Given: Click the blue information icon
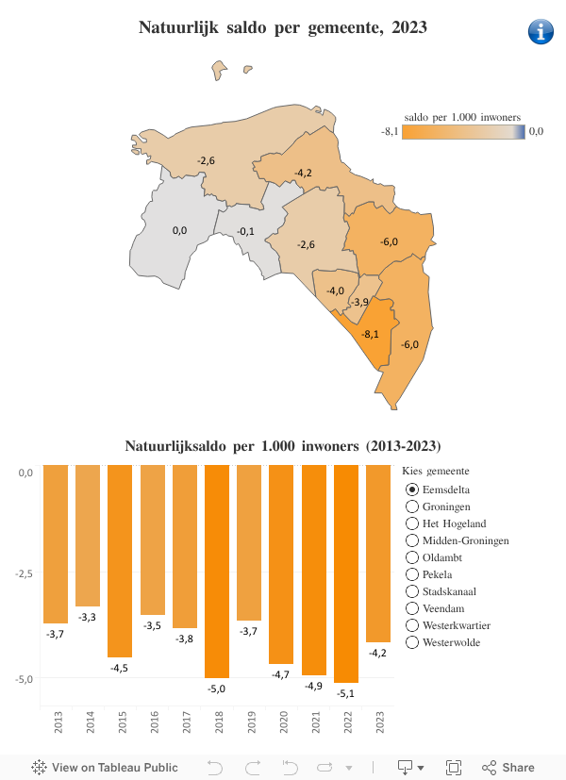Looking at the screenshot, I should (541, 31).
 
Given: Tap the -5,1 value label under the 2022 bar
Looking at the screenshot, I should (346, 694).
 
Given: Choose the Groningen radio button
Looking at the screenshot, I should (412, 506).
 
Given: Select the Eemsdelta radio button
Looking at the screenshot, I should (412, 490).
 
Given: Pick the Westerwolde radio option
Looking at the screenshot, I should (412, 642).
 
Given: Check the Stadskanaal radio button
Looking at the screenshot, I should (412, 591).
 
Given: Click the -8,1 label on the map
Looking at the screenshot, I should (370, 334).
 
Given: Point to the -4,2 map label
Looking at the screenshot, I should (303, 173).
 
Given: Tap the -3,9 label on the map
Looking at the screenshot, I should (359, 302).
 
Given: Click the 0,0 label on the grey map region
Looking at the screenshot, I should (179, 230).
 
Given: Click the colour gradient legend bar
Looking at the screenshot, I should (463, 132).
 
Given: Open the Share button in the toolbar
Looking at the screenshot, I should (508, 767).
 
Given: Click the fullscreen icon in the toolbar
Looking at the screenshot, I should (454, 767).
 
